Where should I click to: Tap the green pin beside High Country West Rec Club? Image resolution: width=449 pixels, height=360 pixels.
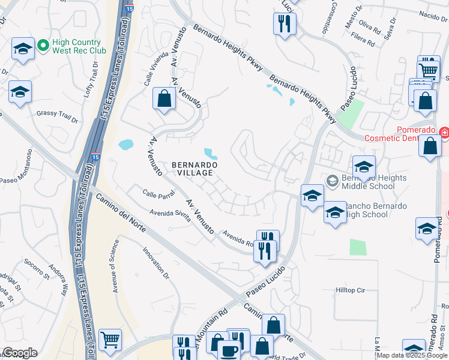[43, 45]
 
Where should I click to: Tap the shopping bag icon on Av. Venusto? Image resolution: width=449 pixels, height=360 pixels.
[164, 99]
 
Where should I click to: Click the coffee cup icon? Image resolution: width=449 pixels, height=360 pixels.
[229, 350]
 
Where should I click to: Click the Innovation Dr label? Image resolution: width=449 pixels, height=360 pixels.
[155, 262]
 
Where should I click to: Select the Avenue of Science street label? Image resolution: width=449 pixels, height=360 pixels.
[115, 266]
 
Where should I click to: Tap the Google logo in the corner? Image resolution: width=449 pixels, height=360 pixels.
[20, 353]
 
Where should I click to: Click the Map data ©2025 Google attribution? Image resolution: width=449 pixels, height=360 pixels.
[412, 355]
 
